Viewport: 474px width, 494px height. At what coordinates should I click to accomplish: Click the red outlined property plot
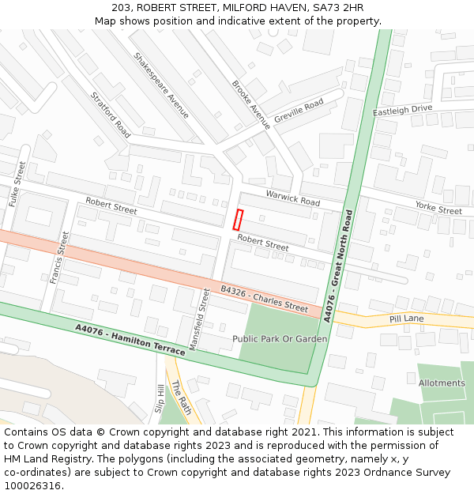coord(239,220)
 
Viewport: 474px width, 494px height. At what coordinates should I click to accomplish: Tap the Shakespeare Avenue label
coord(161,85)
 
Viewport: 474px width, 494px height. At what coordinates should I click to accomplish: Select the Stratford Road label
coord(111,115)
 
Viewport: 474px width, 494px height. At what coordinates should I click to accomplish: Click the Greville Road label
coord(299,111)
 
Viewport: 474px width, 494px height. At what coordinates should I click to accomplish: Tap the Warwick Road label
coord(292,198)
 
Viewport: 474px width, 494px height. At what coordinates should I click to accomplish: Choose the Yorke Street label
coord(438,208)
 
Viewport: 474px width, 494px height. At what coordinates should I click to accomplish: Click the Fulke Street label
coord(17,184)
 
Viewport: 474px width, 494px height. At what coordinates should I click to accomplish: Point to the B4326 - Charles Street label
coord(264,299)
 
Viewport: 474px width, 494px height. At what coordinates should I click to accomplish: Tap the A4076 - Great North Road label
coord(337,266)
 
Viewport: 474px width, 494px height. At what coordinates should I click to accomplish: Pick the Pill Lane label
coord(407,319)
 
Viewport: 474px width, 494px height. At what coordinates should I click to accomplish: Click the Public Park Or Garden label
coord(280,338)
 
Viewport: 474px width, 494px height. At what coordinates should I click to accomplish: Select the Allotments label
coord(442,383)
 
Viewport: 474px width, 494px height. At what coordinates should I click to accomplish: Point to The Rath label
coord(181,398)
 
